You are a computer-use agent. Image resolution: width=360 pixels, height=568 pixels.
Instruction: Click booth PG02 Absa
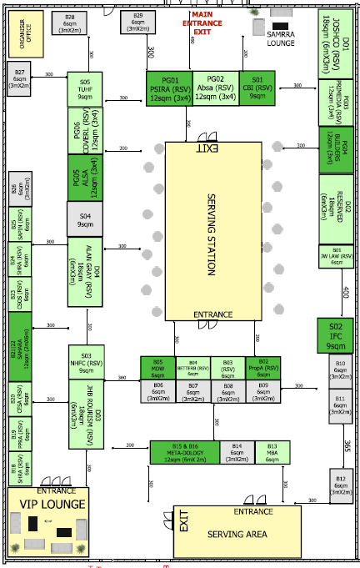tap(216, 88)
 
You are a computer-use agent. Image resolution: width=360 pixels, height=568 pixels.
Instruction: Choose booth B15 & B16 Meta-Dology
tap(184, 451)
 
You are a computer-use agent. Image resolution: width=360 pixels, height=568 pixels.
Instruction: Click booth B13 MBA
tap(271, 451)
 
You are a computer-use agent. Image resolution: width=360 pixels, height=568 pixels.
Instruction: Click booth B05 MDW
tap(157, 367)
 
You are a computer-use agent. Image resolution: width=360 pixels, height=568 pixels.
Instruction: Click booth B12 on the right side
tap(340, 485)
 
